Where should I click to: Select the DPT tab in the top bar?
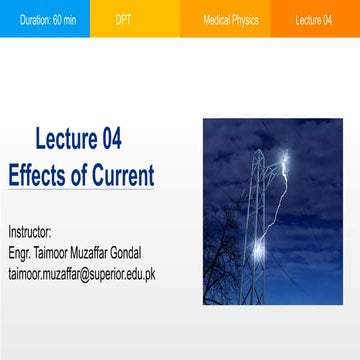pos(123,18)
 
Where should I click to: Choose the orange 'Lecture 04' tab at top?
pos(313,18)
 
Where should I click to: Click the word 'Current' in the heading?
pos(121,176)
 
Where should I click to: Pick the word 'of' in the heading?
pos(78,176)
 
